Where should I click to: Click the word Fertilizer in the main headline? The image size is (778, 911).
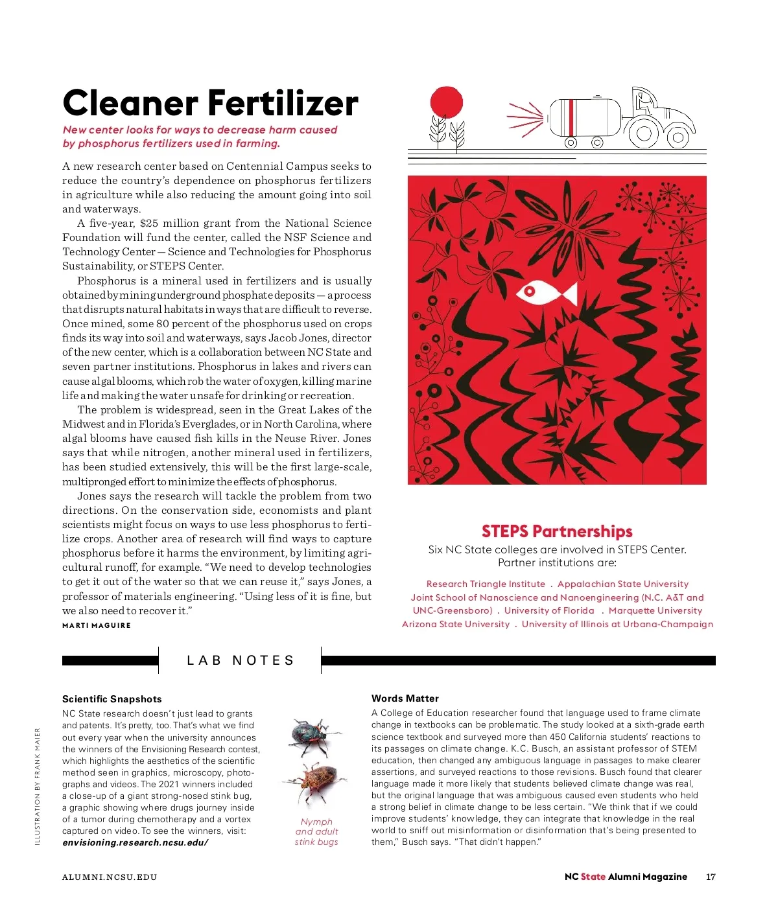coord(283,104)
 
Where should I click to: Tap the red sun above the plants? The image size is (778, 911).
coord(446,102)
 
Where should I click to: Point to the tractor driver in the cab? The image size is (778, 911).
coord(644,102)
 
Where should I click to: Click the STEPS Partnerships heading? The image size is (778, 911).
coord(556,531)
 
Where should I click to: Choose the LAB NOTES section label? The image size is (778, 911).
coord(240,660)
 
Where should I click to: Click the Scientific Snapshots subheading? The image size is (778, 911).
coord(112,698)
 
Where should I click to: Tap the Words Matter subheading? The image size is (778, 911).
coord(405,698)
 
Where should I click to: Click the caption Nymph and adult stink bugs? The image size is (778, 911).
coord(316,831)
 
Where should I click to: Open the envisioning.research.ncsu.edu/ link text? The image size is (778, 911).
coord(135,842)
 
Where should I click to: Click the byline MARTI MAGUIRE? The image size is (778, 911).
coord(97,625)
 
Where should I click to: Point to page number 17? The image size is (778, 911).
coord(711,877)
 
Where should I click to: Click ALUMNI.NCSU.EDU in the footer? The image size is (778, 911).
coord(110,877)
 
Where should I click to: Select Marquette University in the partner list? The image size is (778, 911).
coord(655,610)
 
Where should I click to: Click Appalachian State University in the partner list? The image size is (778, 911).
coord(622,584)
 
